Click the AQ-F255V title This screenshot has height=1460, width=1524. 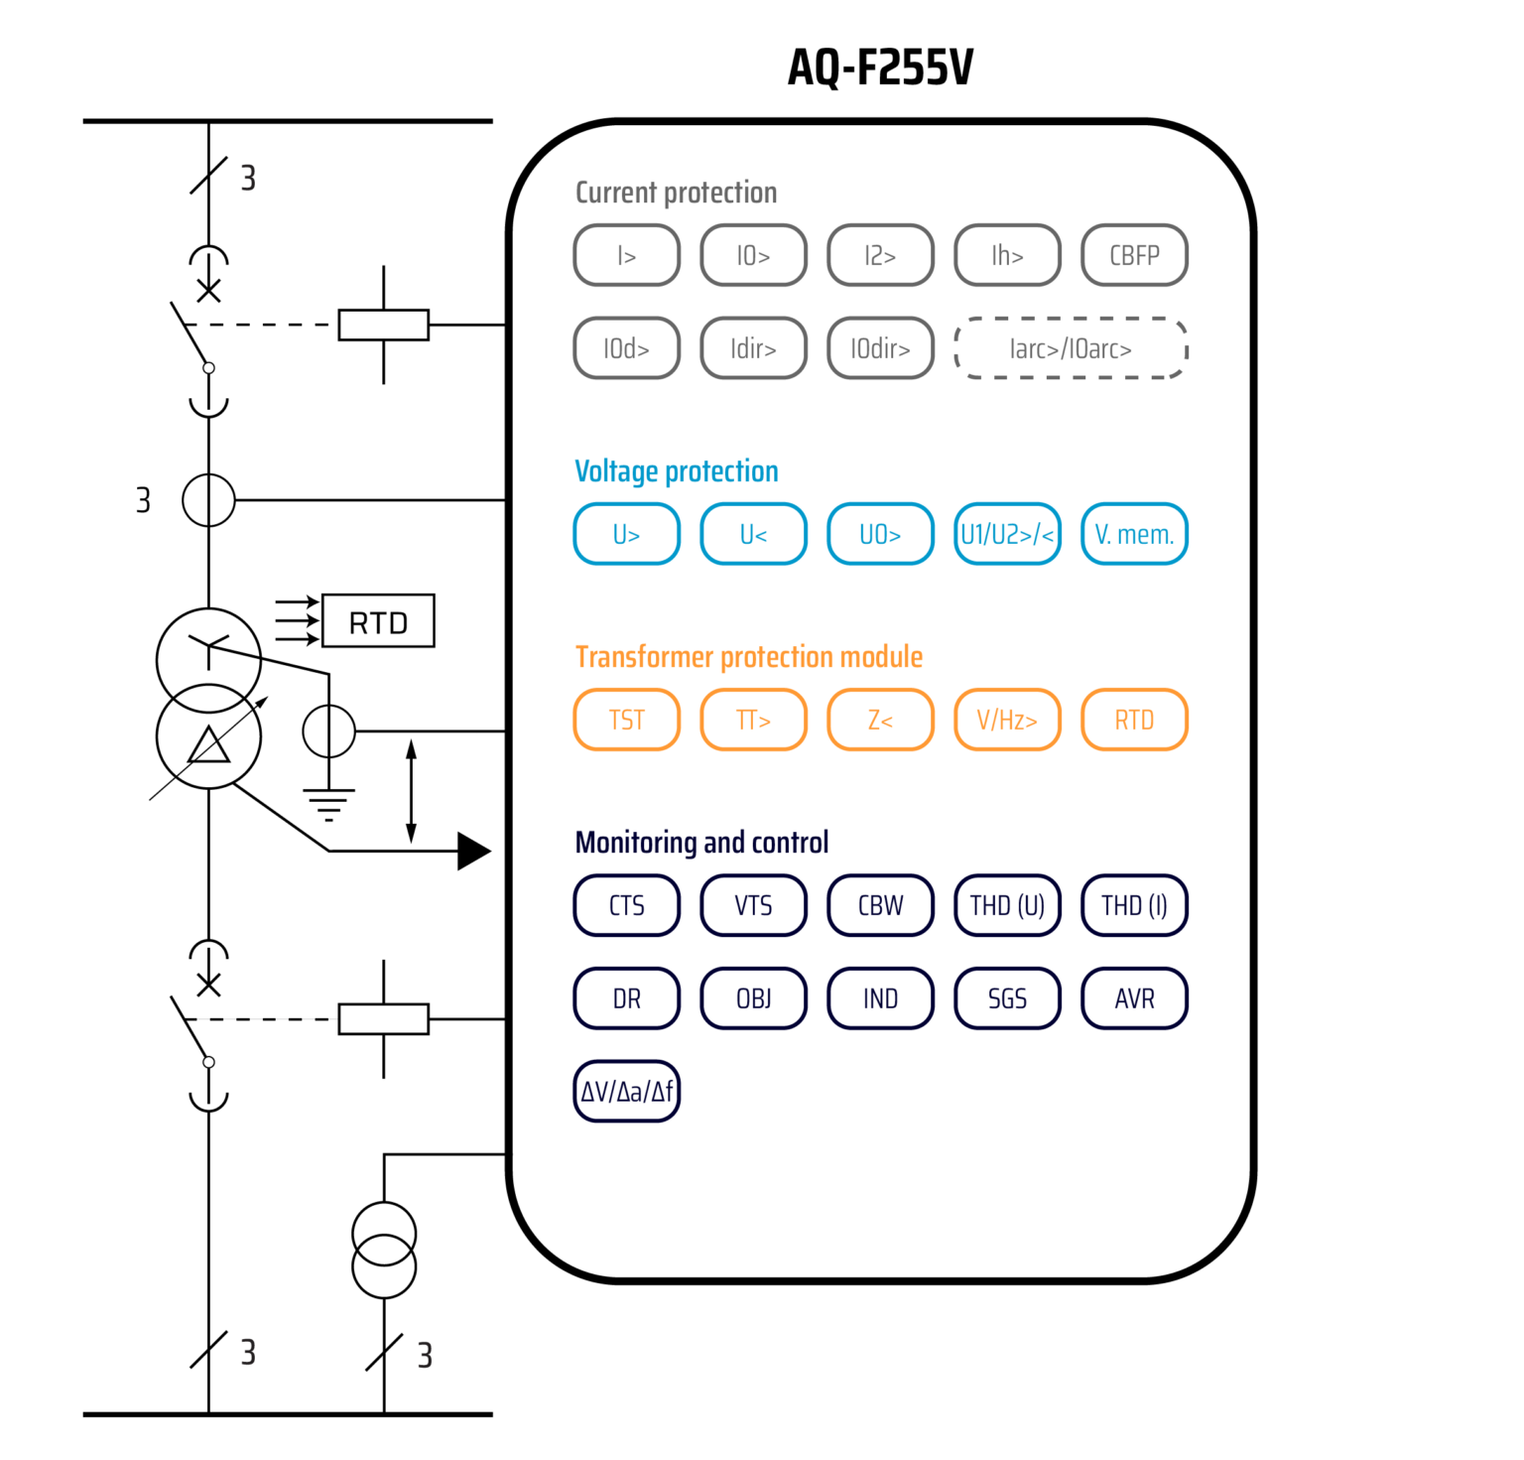point(880,67)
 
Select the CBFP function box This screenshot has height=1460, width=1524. point(1134,256)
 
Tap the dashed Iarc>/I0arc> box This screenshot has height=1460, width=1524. point(1071,349)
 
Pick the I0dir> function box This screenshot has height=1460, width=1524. point(880,349)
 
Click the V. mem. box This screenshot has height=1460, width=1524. point(1134,535)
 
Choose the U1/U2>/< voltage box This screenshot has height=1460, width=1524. point(1007,535)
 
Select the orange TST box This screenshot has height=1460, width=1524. point(626,721)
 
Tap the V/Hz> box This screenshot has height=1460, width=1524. point(1007,721)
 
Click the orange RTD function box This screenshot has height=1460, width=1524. point(1134,721)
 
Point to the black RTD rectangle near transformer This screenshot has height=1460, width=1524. point(378,622)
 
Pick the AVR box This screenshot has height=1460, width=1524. point(1134,998)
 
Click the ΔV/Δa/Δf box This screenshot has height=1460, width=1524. point(626,1092)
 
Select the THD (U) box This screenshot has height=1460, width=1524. point(1007,906)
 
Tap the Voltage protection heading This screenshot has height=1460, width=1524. point(677,471)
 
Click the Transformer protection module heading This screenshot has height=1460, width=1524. point(749,657)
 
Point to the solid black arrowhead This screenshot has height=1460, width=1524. point(473,851)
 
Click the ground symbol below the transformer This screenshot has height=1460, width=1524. point(328,804)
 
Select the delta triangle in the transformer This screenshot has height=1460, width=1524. point(208,745)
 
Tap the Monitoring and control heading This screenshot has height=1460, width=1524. point(701,843)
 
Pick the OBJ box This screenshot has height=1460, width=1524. point(753,998)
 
